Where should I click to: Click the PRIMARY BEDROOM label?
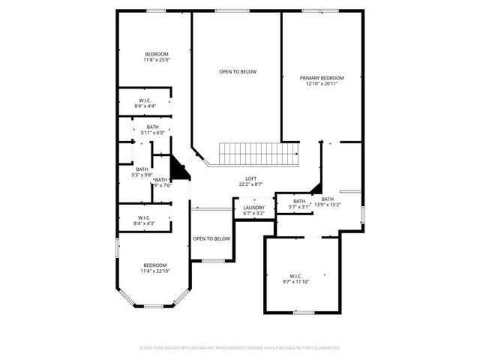coord(322,78)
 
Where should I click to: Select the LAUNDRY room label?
coord(253,208)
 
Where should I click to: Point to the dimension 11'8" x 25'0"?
coord(157,60)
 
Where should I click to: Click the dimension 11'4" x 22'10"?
coord(156,271)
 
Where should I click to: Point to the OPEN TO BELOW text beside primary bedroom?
coord(238,72)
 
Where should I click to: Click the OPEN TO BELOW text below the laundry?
coord(211,238)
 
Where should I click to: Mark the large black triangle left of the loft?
coord(178,169)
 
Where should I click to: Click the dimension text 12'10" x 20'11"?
coord(322,84)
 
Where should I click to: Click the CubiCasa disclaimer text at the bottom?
coord(240,348)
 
